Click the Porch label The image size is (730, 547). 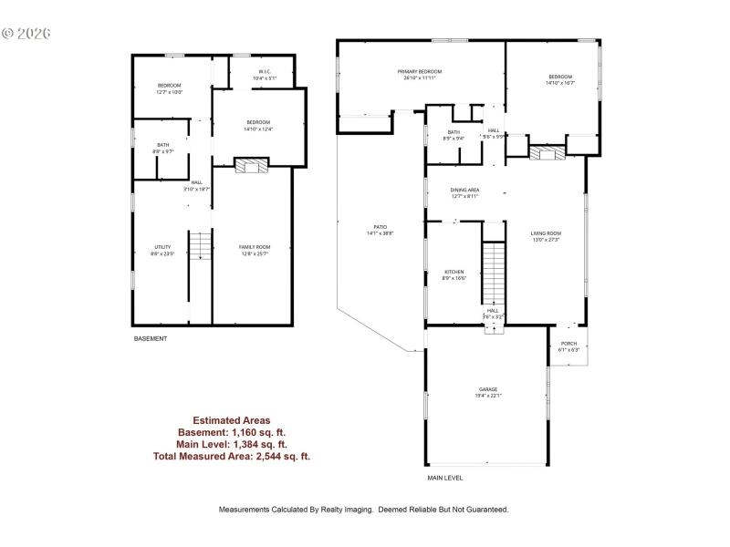pyautogui.click(x=568, y=345)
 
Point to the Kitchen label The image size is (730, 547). pyautogui.click(x=454, y=272)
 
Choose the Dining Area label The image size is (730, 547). pyautogui.click(x=464, y=191)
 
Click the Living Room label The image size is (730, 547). pyautogui.click(x=546, y=233)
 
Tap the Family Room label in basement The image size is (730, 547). pyautogui.click(x=255, y=247)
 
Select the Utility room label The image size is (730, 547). pyautogui.click(x=162, y=247)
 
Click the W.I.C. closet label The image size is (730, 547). pyautogui.click(x=264, y=71)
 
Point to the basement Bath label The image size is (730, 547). pyautogui.click(x=162, y=144)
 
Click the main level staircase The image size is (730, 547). pyautogui.click(x=493, y=273)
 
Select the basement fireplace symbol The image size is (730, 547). pyautogui.click(x=252, y=166)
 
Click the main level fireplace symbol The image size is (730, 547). pyautogui.click(x=547, y=152)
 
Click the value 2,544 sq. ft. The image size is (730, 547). pyautogui.click(x=284, y=456)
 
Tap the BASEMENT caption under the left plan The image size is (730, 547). pyautogui.click(x=151, y=338)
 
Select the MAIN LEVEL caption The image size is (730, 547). pyautogui.click(x=445, y=478)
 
